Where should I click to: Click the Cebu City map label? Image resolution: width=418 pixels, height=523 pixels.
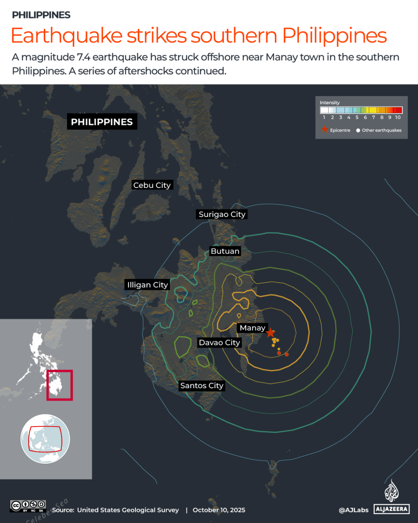(x=152, y=185)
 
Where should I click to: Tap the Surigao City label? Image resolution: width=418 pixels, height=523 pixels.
(x=222, y=214)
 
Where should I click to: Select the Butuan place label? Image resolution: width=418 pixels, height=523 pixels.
(x=225, y=251)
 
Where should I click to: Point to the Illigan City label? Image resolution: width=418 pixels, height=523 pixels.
(x=147, y=285)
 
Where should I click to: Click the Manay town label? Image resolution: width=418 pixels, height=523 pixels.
(x=252, y=328)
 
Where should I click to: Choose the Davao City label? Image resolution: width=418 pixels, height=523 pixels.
(x=219, y=342)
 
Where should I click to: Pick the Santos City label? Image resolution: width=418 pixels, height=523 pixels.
(x=202, y=385)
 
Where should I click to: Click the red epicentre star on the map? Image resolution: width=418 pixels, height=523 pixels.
(x=270, y=333)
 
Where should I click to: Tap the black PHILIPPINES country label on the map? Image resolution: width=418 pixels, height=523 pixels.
(x=102, y=122)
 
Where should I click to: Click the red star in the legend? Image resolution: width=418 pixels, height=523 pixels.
(x=325, y=130)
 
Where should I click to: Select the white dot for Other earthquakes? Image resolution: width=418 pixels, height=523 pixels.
(x=358, y=130)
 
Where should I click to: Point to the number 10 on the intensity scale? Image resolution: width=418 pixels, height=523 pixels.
(x=398, y=117)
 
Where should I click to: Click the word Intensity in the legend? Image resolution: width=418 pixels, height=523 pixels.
(x=329, y=103)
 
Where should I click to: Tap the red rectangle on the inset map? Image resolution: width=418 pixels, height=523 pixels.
(x=60, y=385)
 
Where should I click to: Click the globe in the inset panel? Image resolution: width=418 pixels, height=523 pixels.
(x=45, y=439)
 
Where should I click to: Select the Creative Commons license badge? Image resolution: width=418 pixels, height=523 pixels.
(x=28, y=506)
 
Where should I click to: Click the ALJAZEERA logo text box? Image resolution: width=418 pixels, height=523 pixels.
(x=391, y=509)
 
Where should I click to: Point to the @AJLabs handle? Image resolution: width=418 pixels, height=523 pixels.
(x=354, y=510)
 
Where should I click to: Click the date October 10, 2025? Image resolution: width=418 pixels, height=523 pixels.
(x=219, y=510)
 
